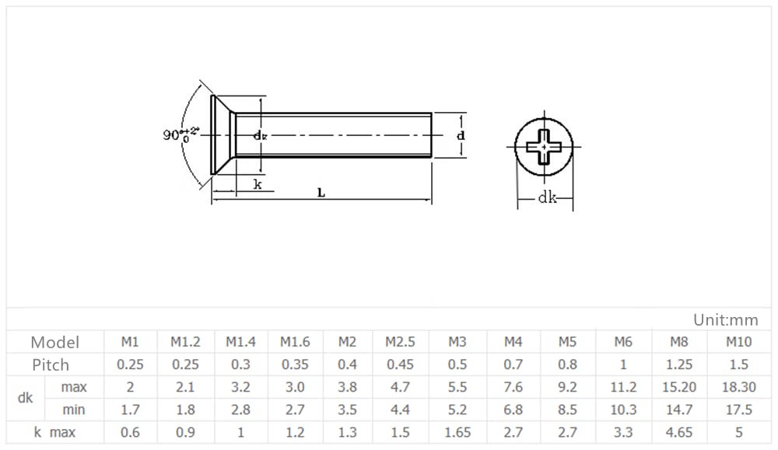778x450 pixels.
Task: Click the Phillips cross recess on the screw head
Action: coord(544,147)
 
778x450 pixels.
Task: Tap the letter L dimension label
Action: coord(321,193)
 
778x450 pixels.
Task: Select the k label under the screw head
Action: coord(258,184)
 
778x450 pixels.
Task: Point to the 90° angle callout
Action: coord(180,134)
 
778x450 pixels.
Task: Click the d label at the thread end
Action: coord(461,134)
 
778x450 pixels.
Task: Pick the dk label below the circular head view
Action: coord(547,197)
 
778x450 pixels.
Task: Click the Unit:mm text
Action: coord(725,320)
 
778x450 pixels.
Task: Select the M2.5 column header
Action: coord(400,342)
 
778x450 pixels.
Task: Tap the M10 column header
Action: coord(738,342)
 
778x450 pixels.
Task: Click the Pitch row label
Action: coord(51,365)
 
